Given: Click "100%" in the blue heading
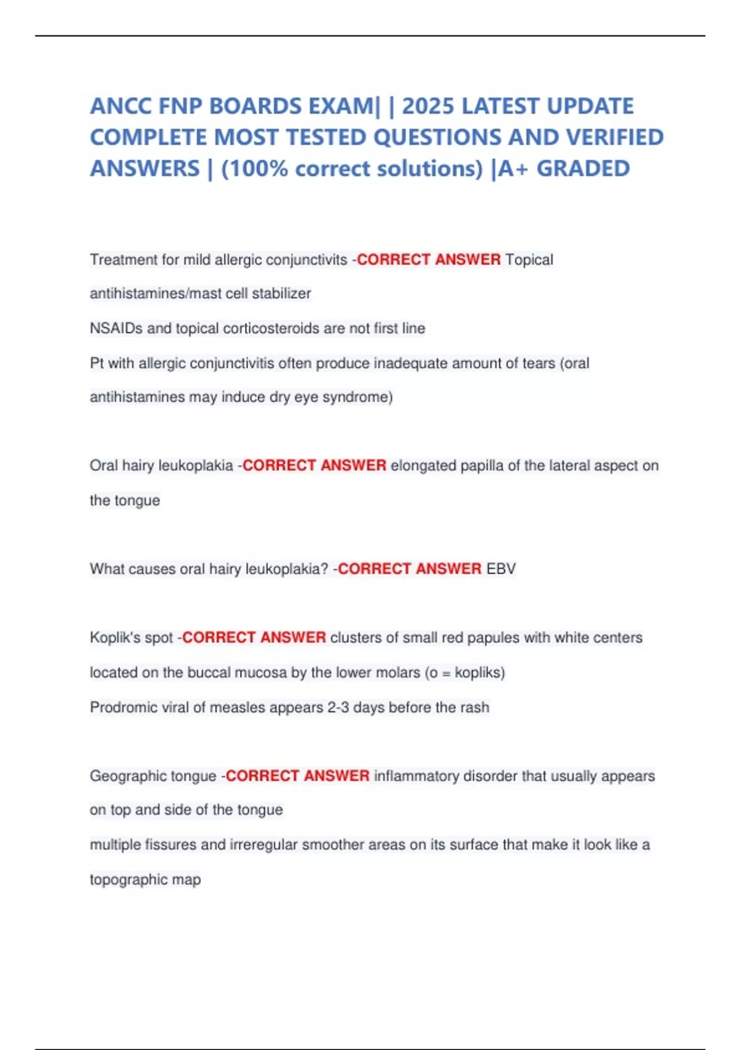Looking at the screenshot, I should [x=259, y=169].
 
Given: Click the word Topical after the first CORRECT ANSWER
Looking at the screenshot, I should [x=529, y=259].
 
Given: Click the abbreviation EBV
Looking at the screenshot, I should [x=501, y=568].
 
